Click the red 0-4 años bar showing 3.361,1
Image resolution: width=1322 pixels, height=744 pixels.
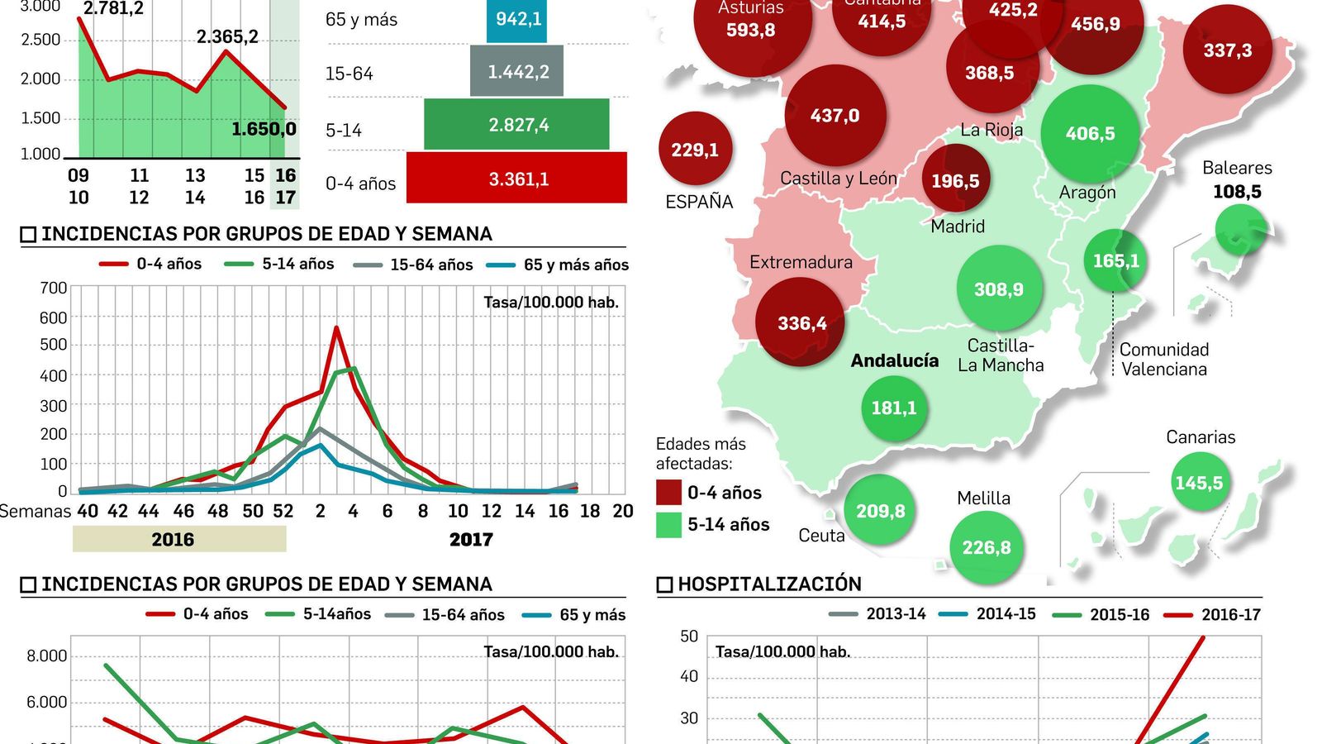coord(517,178)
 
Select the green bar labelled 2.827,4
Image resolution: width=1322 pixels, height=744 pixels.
coord(517,125)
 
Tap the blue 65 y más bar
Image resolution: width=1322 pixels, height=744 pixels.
coord(517,20)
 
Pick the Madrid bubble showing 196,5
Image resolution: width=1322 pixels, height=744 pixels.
coord(956,180)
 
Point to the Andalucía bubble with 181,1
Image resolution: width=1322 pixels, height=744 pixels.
coord(894,408)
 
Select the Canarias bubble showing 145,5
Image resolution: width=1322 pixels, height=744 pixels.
coord(1199,482)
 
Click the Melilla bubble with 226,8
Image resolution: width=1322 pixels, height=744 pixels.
coord(987,547)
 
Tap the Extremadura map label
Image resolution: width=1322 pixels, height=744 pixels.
coord(801,262)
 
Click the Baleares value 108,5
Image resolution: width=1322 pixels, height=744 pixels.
coord(1237,192)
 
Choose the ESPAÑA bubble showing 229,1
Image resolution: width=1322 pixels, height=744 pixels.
coord(695,150)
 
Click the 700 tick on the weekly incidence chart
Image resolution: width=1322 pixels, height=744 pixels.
coord(54,288)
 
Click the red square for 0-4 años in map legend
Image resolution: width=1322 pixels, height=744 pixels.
coord(668,493)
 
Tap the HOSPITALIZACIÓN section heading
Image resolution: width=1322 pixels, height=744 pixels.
coord(769,584)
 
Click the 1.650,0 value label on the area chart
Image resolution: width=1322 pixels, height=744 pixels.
coord(264,129)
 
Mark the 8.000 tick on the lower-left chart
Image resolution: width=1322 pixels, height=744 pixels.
coord(47,656)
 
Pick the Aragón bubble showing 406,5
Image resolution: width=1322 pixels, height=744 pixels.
coord(1090,133)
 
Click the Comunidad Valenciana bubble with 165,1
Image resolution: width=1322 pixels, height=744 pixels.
coord(1115,261)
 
